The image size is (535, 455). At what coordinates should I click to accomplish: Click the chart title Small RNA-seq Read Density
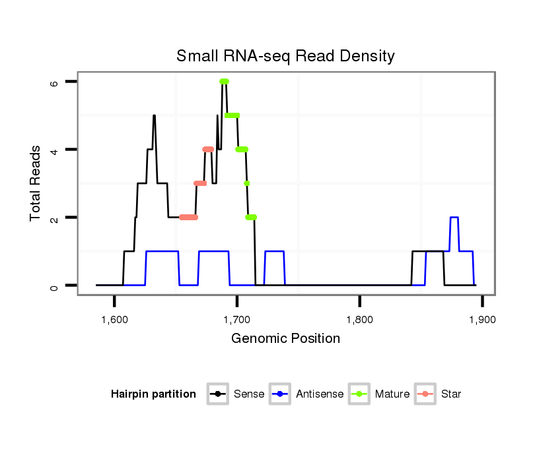point(285,56)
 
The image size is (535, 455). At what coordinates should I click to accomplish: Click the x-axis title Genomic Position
point(285,339)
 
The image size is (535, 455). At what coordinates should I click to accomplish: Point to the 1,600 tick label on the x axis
point(114,320)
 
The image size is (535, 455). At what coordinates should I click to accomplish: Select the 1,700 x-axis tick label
point(237,320)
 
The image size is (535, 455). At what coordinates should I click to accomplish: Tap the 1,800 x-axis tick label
point(359,320)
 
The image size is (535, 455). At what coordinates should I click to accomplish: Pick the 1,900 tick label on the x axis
point(482,320)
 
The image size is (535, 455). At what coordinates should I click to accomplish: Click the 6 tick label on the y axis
point(54,82)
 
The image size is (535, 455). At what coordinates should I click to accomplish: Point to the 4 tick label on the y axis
point(54,150)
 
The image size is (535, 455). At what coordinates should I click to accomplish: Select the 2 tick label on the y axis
point(54,218)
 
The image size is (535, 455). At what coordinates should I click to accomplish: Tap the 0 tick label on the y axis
point(54,286)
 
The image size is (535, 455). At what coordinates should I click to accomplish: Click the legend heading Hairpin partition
point(153,394)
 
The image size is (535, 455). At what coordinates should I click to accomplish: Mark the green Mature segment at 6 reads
point(225,81)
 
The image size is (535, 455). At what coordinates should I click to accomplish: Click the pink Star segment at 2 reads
point(188,217)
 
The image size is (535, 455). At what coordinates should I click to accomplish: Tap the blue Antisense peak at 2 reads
point(454,217)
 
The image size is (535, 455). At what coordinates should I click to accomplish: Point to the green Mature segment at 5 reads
point(232,115)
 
